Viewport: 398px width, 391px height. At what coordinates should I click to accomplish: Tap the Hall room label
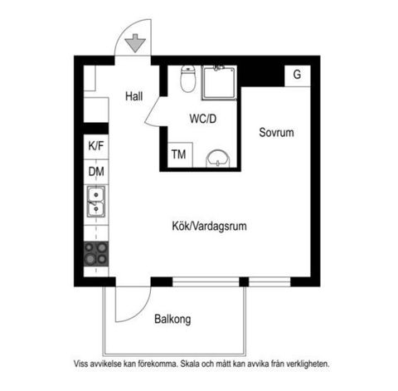(x=134, y=96)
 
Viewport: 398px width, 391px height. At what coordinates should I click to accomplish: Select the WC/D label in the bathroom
(x=202, y=119)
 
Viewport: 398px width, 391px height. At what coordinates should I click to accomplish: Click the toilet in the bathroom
(x=188, y=81)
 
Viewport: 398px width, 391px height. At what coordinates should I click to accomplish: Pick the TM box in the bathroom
(x=177, y=154)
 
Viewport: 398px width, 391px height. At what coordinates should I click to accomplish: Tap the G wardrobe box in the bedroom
(x=297, y=75)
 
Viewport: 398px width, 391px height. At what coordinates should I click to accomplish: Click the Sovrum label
(x=276, y=132)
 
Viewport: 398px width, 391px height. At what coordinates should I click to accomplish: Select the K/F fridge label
(x=96, y=146)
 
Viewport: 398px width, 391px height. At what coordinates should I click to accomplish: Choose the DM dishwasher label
(x=96, y=172)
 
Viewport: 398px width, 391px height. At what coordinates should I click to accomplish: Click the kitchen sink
(x=96, y=202)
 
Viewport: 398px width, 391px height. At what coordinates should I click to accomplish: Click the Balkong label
(x=173, y=318)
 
